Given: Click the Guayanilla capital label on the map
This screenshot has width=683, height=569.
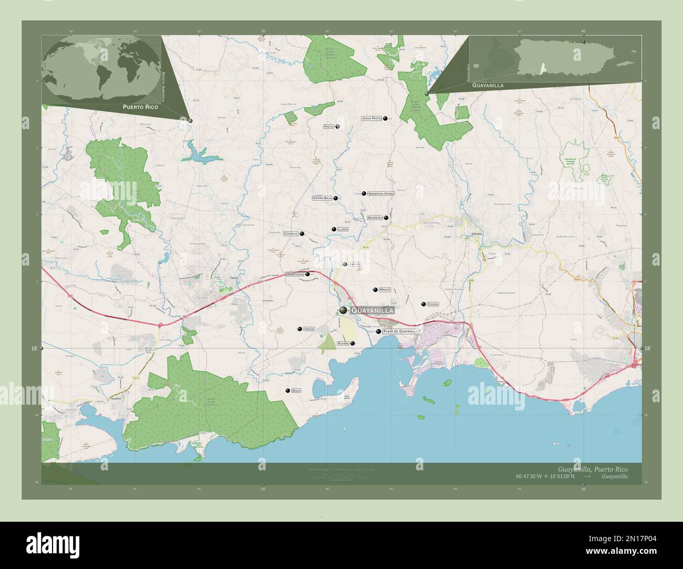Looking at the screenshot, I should tap(372, 311).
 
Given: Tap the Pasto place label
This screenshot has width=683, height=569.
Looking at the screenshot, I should tap(329, 127).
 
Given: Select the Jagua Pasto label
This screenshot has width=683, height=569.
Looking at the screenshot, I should tap(371, 119).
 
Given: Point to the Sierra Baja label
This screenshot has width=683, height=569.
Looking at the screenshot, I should tap(322, 198).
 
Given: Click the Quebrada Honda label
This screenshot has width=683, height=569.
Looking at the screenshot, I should tap(381, 194).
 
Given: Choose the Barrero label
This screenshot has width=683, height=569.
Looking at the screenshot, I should tap(375, 217).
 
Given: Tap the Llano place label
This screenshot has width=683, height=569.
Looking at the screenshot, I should tap(343, 229).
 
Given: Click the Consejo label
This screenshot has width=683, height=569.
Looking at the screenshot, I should tap(291, 234).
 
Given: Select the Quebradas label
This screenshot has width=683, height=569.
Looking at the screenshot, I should tap(295, 274).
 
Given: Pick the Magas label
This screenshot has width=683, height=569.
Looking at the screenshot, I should tap(385, 290).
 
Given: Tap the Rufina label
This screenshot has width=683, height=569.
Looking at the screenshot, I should tap(343, 343).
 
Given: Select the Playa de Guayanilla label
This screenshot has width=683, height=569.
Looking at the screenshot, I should tap(400, 332).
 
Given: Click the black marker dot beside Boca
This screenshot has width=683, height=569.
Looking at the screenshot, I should tap(287, 391).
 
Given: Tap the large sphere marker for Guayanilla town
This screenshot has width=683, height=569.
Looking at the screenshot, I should tap(344, 311).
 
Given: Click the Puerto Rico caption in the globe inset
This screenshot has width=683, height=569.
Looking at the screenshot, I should tap(140, 107).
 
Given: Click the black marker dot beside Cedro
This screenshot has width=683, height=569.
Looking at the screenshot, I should tap(423, 304).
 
